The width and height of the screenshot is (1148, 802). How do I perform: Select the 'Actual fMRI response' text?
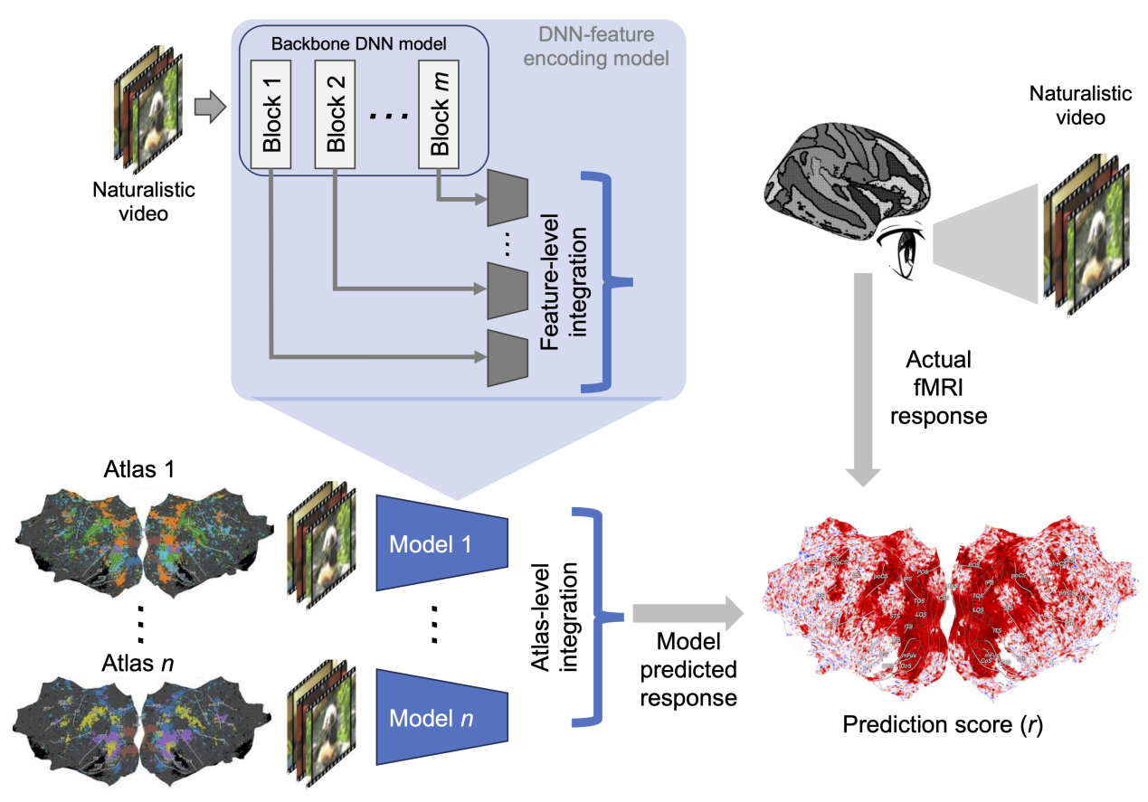(x=938, y=390)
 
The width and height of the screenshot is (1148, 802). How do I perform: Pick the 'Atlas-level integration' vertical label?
(x=553, y=615)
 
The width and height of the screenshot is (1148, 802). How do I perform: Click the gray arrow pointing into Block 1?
(x=209, y=109)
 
